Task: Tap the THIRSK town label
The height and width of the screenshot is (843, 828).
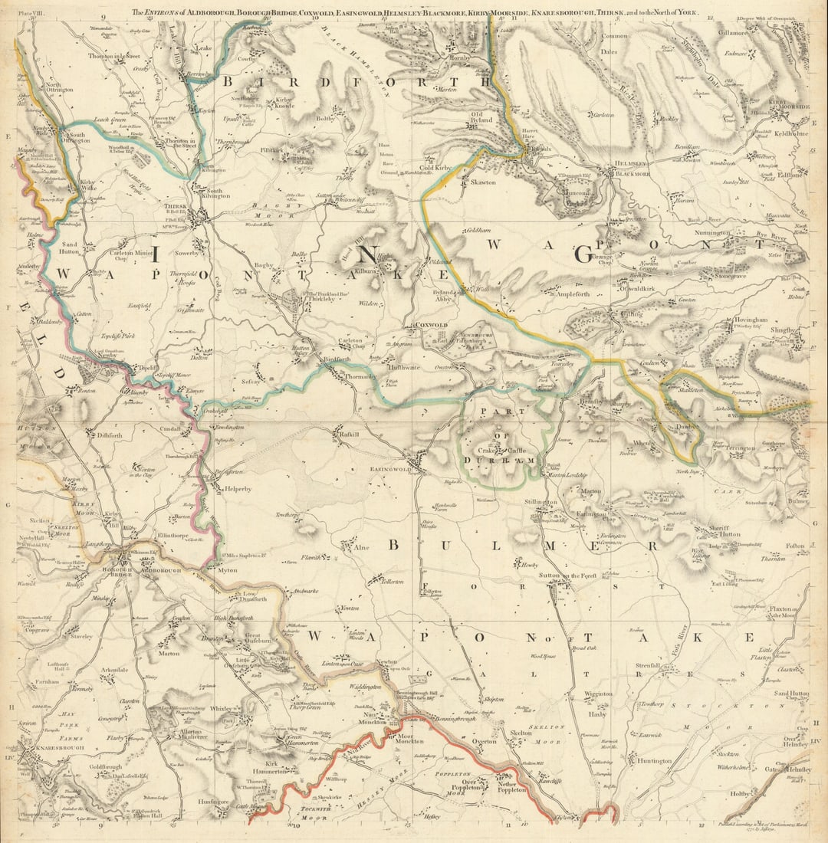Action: tap(176, 206)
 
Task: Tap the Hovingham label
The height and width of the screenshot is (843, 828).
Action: tap(738, 320)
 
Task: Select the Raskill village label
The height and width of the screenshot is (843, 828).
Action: tap(350, 435)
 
